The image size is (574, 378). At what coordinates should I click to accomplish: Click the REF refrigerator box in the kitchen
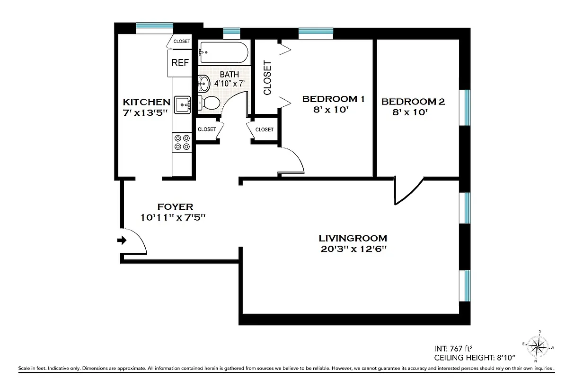[180, 63]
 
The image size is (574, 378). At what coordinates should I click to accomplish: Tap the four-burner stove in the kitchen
[182, 142]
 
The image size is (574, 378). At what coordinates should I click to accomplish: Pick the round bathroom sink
[204, 84]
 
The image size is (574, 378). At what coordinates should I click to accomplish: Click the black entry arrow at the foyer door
[122, 241]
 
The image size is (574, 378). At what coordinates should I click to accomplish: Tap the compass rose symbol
[538, 347]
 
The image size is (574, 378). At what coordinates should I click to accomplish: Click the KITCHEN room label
[146, 102]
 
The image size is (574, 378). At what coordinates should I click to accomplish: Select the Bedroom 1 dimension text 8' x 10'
[330, 110]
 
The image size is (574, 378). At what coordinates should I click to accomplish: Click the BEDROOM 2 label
[413, 102]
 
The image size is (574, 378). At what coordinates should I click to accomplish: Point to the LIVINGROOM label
[353, 238]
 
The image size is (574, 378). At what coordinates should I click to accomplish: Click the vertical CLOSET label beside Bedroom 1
[267, 77]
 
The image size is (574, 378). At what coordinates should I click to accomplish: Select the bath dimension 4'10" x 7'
[229, 83]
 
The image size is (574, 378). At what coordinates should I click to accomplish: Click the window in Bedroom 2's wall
[467, 107]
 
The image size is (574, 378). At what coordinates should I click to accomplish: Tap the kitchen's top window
[154, 27]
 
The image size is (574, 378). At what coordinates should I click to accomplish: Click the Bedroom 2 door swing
[408, 191]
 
